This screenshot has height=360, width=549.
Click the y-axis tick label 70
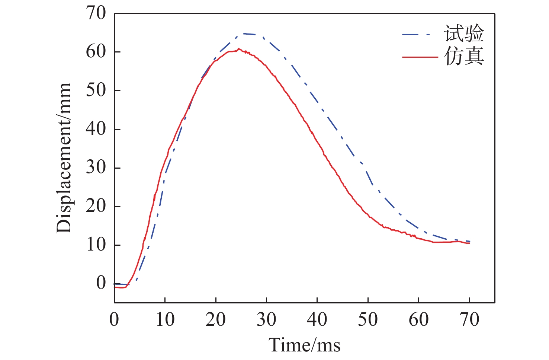click(96, 13)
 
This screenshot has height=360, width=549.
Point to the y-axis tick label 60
click(96, 52)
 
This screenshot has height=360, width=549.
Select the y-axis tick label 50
click(96, 90)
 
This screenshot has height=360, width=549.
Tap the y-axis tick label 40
click(96, 129)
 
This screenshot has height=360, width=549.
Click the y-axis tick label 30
click(96, 168)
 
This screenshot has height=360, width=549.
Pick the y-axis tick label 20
click(96, 206)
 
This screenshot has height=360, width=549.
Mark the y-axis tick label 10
click(96, 245)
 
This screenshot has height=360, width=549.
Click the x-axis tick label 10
click(165, 319)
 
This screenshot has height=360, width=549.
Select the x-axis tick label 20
click(216, 319)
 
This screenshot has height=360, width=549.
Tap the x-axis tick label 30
click(266, 319)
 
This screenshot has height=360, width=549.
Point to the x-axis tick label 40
click(317, 319)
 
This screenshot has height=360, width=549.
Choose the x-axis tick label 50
click(368, 319)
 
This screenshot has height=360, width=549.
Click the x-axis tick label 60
click(418, 319)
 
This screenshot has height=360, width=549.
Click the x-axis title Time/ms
click(305, 345)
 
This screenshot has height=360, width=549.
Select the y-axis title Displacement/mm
click(64, 158)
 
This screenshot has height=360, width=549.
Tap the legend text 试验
click(464, 34)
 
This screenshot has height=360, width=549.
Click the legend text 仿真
click(464, 57)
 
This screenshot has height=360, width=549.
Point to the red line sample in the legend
click(420, 57)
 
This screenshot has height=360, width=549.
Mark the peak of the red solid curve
click(238, 49)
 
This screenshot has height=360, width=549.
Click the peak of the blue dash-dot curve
click(244, 34)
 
